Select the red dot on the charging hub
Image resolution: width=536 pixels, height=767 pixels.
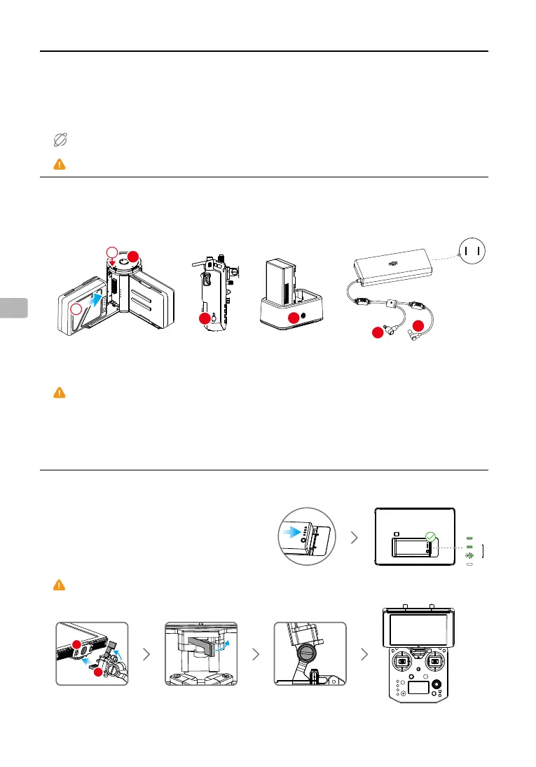coord(294,318)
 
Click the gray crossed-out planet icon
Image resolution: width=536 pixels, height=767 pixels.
coord(60,140)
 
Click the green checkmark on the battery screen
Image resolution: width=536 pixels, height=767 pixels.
coord(430,538)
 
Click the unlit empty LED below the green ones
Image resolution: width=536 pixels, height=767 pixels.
coord(469,564)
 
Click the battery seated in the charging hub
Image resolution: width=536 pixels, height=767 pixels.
coord(284,283)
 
